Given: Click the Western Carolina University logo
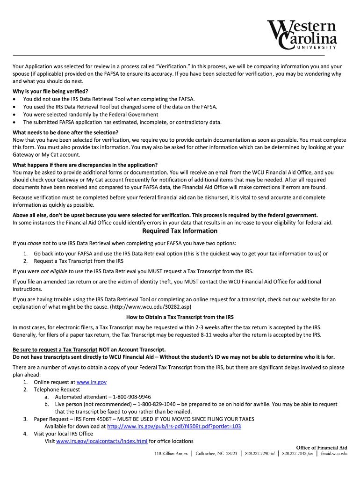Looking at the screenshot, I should click(302, 35).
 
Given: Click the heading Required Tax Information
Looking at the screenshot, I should click(180, 231).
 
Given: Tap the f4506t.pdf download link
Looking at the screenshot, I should click(174, 427).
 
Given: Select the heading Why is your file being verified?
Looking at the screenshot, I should click(50, 91).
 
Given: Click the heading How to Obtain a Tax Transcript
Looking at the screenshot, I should click(180, 317).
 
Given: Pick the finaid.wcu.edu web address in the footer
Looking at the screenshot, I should click(334, 454).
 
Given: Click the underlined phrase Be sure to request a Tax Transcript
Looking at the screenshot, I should click(55, 349).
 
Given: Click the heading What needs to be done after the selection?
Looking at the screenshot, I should click(65, 132).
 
